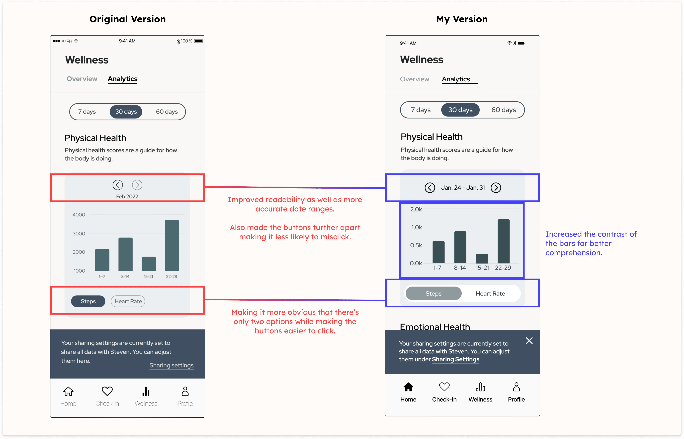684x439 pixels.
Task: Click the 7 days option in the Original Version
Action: click(x=87, y=112)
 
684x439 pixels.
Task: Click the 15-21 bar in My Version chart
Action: click(x=482, y=258)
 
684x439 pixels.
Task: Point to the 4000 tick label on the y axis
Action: click(x=79, y=215)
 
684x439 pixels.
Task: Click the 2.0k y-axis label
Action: click(x=416, y=209)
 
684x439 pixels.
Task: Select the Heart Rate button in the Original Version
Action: click(x=128, y=301)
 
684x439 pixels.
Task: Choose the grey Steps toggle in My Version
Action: click(x=433, y=294)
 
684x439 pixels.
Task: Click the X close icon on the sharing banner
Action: click(x=529, y=341)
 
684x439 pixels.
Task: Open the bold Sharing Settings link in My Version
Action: click(x=456, y=359)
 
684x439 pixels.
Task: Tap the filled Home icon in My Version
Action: click(x=408, y=387)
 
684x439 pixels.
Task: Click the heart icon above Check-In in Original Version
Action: click(x=107, y=391)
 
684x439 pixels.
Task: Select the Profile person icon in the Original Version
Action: click(x=185, y=391)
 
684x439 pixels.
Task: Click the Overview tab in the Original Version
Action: click(x=82, y=79)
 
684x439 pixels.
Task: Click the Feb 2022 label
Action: click(x=127, y=196)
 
